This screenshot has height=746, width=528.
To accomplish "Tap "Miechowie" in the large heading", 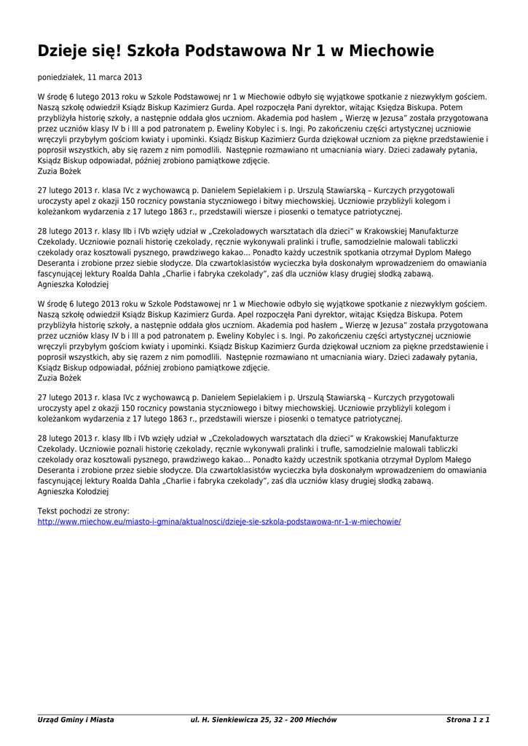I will click(x=391, y=52).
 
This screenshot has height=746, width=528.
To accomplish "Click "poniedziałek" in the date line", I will click(x=60, y=77).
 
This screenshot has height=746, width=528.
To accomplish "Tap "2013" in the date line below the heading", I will click(x=133, y=77).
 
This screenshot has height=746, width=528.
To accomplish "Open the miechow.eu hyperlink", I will click(x=219, y=522).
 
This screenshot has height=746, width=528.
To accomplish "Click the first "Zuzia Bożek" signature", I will click(x=59, y=171).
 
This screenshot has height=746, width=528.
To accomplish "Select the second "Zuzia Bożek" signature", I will click(x=59, y=379).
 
